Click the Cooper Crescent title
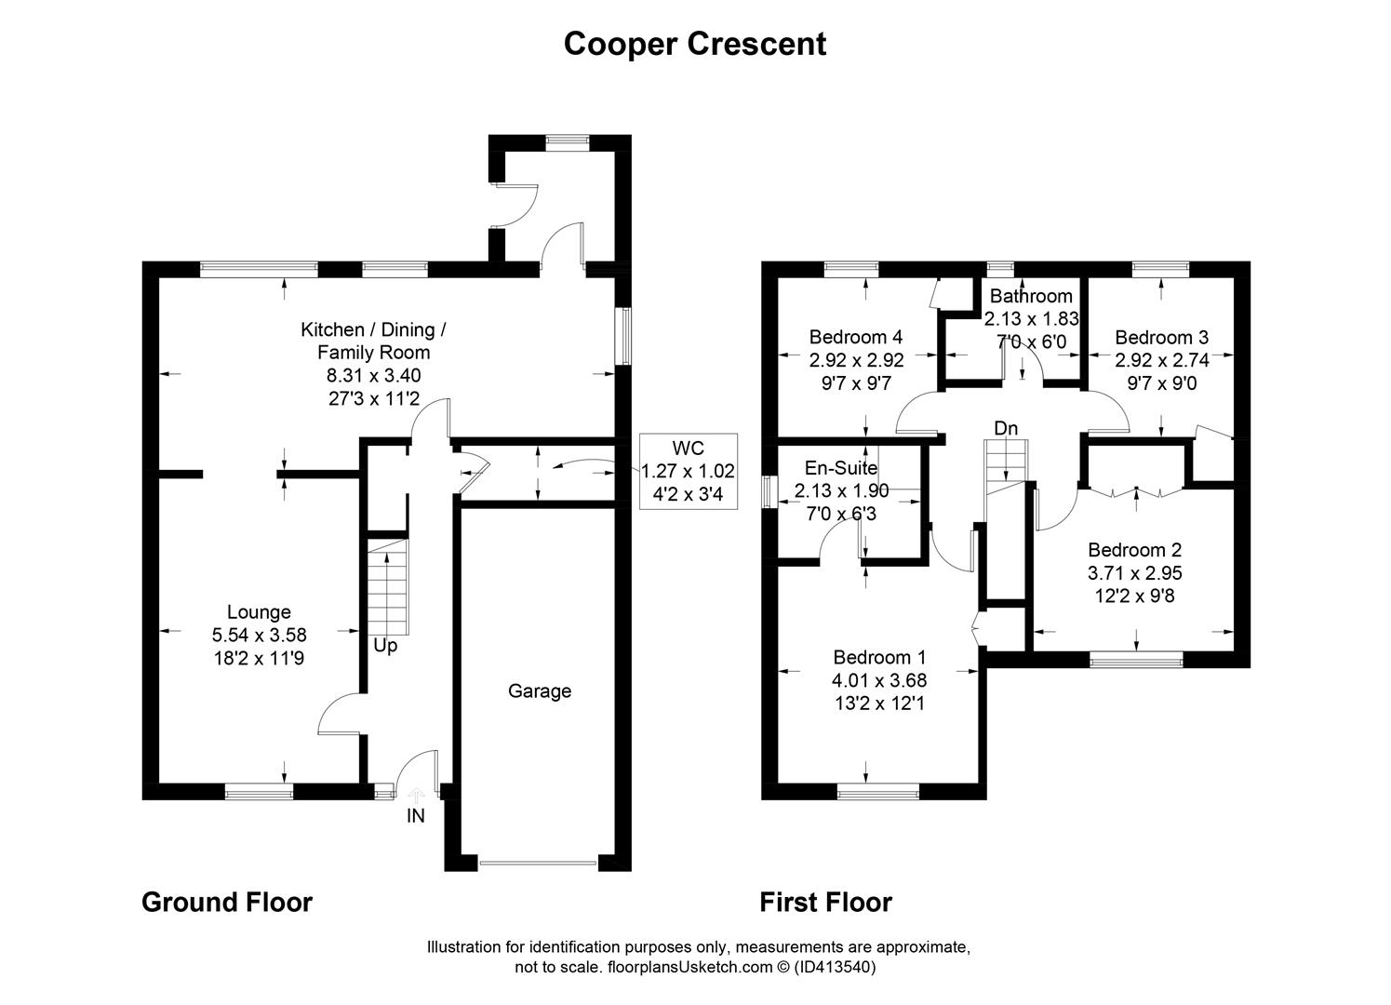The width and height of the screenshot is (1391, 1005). tap(695, 44)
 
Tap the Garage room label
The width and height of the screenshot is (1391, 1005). tap(539, 691)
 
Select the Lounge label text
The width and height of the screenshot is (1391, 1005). tap(259, 611)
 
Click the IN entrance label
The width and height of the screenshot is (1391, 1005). tap(415, 815)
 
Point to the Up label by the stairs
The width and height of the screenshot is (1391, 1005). tap(385, 647)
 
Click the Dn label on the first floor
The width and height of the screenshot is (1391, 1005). tap(1006, 428)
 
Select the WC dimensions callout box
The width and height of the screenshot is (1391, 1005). tap(689, 472)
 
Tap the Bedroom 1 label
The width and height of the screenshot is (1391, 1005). tap(879, 657)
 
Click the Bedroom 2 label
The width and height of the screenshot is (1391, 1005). tap(1134, 550)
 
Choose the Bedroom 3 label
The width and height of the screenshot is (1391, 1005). tap(1161, 337)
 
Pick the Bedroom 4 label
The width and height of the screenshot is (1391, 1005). tap(856, 337)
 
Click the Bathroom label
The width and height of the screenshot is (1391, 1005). tap(1031, 296)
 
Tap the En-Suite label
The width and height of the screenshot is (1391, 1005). tap(841, 468)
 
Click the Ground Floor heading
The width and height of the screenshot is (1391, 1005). tap(227, 903)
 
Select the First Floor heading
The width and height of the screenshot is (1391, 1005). tap(826, 903)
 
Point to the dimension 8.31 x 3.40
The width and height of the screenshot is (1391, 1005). tap(374, 375)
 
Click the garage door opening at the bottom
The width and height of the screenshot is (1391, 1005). tap(538, 863)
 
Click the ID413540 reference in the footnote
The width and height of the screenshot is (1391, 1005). tap(835, 967)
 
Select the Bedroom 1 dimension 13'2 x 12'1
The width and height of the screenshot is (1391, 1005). tap(878, 703)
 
